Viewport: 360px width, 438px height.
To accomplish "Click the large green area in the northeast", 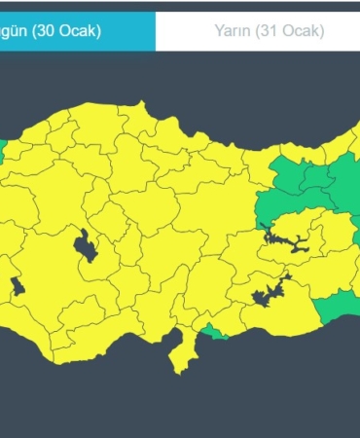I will point(311,185).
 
